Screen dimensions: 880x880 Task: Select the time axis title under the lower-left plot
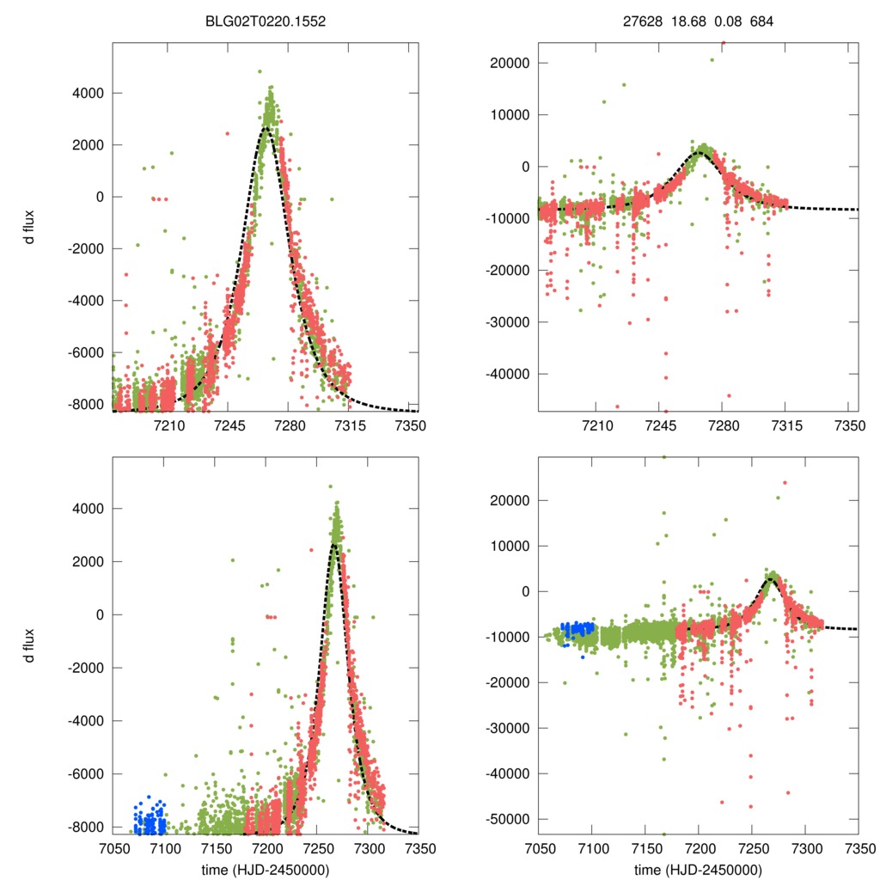(266, 870)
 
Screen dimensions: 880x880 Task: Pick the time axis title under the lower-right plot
(698, 870)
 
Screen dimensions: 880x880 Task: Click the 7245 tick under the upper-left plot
(229, 426)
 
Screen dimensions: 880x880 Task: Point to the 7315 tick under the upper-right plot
(786, 426)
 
